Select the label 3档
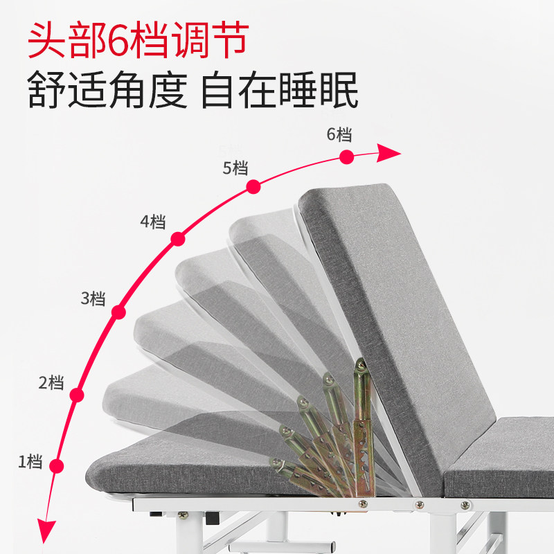pos(93,299)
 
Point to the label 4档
pos(153,222)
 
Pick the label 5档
pos(235,168)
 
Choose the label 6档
pos(339,134)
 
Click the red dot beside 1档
pos(57,466)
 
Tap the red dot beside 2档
pos(77,395)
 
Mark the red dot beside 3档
pos(118,312)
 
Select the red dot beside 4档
pos(178,239)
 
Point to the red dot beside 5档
pos(253,186)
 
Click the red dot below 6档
pos(347,157)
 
